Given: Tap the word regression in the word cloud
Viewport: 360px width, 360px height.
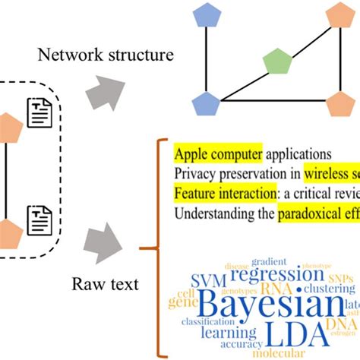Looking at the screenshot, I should (271, 274).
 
